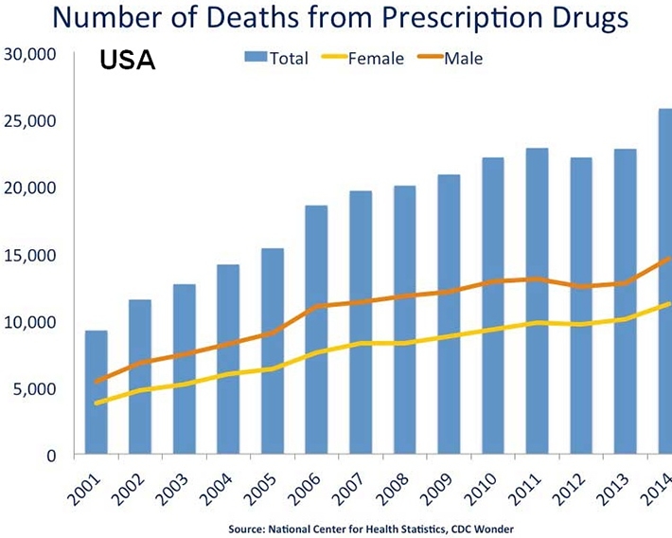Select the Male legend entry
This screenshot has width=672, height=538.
click(465, 59)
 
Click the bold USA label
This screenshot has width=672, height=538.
click(128, 62)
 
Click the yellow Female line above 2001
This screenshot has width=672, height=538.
click(97, 403)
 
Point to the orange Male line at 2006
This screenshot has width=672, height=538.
click(317, 306)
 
